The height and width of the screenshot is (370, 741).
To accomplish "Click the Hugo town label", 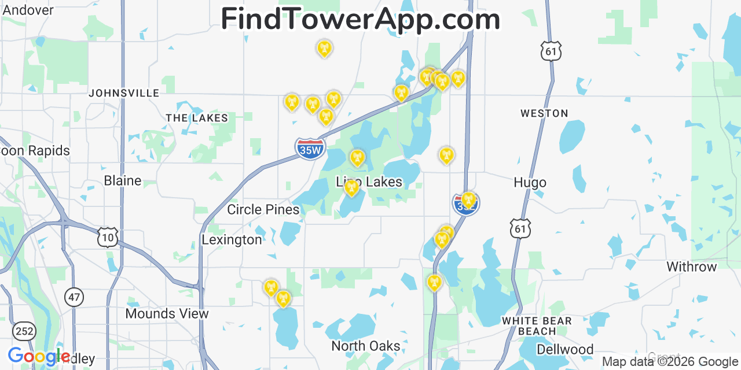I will pyautogui.click(x=530, y=183).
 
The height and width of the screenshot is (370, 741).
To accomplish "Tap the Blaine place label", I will pyautogui.click(x=122, y=180).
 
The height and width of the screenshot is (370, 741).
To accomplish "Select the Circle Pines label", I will pyautogui.click(x=263, y=209).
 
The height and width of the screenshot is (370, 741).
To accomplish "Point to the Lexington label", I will pyautogui.click(x=232, y=239).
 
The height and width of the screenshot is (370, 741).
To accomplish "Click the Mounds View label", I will pyautogui.click(x=167, y=313).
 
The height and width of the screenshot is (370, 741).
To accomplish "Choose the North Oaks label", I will pyautogui.click(x=365, y=346).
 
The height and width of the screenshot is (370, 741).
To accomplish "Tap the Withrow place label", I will pyautogui.click(x=691, y=267).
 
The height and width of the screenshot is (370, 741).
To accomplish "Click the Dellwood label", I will pyautogui.click(x=564, y=349).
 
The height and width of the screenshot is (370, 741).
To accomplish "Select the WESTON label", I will pyautogui.click(x=544, y=113).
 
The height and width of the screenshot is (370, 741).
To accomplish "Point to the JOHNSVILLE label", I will pyautogui.click(x=124, y=92).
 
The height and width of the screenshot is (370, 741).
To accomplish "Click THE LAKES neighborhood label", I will pyautogui.click(x=197, y=118).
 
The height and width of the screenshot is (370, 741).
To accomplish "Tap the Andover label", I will pyautogui.click(x=28, y=10).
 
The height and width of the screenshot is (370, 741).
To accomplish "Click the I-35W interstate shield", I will pyautogui.click(x=310, y=149).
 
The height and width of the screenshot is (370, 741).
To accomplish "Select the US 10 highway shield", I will pyautogui.click(x=108, y=237).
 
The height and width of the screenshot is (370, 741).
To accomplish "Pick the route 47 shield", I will pyautogui.click(x=74, y=297).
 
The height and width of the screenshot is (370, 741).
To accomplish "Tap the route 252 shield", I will pyautogui.click(x=25, y=331).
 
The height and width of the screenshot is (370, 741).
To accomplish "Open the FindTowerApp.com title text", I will pyautogui.click(x=360, y=19).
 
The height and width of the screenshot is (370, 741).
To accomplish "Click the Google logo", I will pyautogui.click(x=39, y=357).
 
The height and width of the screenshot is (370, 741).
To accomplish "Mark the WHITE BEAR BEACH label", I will pyautogui.click(x=537, y=326).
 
